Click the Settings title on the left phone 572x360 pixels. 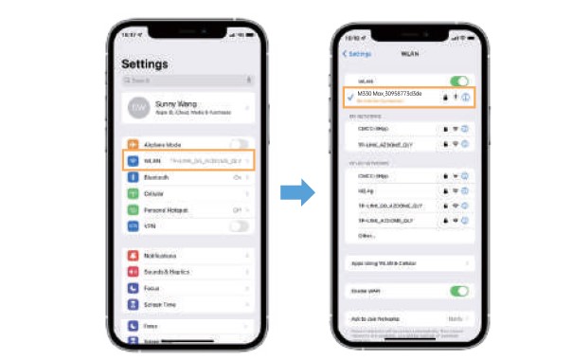145,64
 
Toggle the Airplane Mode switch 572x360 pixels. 241,144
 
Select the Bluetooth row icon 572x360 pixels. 134,177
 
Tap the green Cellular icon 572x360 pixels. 134,193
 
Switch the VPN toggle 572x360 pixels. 241,225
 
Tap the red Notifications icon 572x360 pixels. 134,256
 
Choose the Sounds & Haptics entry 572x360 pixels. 167,272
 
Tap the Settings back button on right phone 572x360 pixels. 357,54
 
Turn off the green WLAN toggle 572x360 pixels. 460,82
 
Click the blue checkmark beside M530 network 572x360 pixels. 350,98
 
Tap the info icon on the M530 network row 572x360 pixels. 466,97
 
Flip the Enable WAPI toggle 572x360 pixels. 460,291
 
